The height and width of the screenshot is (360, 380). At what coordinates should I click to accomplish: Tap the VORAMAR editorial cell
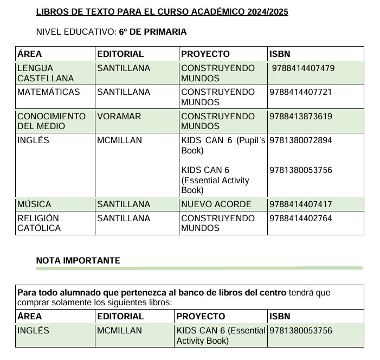coord(119,116)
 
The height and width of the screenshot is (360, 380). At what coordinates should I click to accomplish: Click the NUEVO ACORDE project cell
coord(216,204)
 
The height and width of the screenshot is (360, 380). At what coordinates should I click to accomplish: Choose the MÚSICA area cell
coord(34,204)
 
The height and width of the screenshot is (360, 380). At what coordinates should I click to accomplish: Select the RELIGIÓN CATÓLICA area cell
coord(38,223)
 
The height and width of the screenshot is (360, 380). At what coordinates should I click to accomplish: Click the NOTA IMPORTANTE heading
coord(78,261)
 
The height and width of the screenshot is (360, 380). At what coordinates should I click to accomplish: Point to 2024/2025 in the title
coord(263,12)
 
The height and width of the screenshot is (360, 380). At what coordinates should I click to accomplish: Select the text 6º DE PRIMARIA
coord(153,32)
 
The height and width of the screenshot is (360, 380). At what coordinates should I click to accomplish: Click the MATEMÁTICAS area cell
coord(48,92)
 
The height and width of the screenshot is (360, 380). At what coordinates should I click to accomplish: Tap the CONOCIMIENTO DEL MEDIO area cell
coord(51,121)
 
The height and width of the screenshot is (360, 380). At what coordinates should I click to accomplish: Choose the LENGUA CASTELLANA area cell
coord(45,73)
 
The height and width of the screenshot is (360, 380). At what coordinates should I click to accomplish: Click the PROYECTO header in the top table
coord(205,54)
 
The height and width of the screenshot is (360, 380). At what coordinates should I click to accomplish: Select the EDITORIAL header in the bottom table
coord(120,316)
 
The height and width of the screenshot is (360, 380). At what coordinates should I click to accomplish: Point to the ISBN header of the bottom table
coord(280,316)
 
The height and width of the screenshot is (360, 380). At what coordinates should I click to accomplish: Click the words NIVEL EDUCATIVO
coord(75,32)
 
